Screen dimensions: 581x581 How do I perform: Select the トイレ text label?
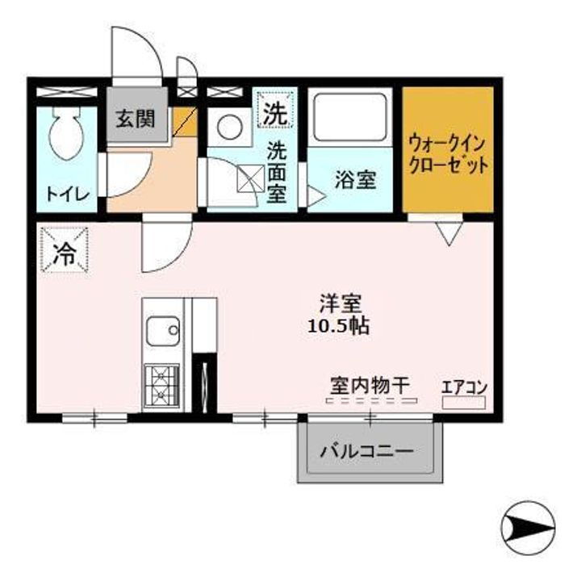(x=66, y=193)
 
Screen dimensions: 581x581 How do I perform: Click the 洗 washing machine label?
(x=273, y=114)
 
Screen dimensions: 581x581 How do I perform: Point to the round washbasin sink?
(x=228, y=128)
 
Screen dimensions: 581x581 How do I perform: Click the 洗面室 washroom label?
(x=277, y=172)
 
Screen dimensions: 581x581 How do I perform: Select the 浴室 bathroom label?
(x=355, y=179)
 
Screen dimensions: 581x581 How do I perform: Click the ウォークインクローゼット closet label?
(x=449, y=155)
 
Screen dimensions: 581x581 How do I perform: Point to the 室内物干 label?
(x=370, y=385)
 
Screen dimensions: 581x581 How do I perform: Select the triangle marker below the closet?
(x=449, y=232)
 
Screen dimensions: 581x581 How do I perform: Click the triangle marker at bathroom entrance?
(x=316, y=195)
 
